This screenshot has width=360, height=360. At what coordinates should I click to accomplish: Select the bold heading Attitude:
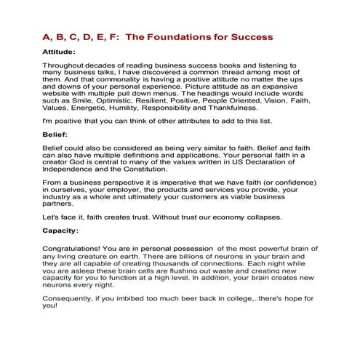pos(49,52)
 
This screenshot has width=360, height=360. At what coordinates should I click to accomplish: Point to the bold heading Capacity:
pos(50,231)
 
